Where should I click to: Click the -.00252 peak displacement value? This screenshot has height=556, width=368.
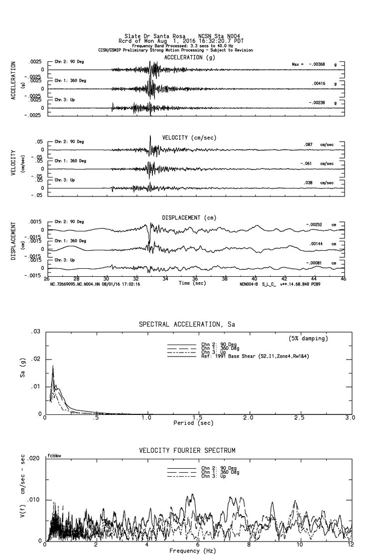[314, 224]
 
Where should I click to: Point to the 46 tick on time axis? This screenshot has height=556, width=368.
[343, 280]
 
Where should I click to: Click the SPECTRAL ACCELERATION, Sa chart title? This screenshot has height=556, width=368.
[186, 325]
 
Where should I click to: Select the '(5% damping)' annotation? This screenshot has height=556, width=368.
[308, 339]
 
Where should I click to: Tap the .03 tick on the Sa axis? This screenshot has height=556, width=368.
[37, 332]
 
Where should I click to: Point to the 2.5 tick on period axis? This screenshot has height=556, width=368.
[299, 418]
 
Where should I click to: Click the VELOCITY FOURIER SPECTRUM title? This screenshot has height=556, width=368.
[187, 451]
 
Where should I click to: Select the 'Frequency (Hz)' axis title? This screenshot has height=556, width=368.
[192, 551]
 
